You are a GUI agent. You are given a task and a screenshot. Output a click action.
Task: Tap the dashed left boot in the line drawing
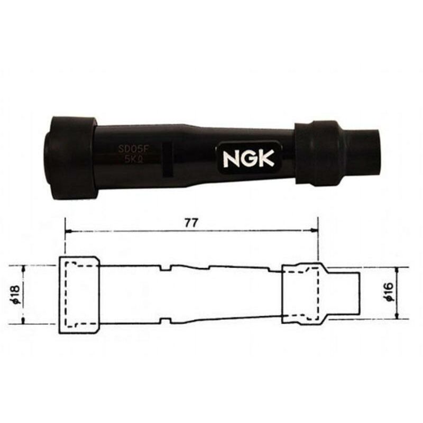78,295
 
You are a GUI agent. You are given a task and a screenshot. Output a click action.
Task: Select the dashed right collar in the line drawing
301,293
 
